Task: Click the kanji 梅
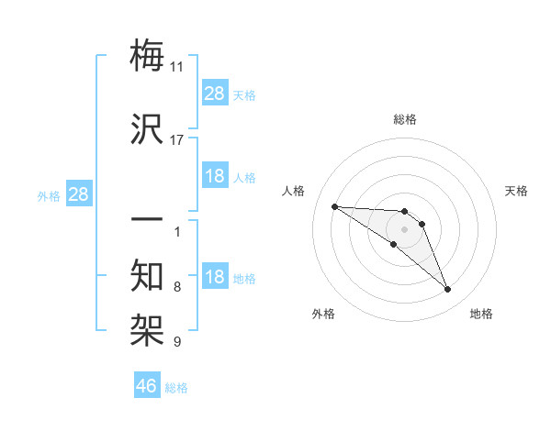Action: click(148, 57)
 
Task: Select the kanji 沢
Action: click(148, 129)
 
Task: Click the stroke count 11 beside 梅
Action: click(177, 67)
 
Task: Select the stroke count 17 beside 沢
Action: click(177, 140)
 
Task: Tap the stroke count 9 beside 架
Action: click(177, 342)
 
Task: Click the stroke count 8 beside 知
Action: click(177, 287)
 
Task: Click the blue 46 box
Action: click(147, 386)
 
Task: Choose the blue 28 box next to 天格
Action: click(215, 94)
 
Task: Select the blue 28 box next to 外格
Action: click(78, 194)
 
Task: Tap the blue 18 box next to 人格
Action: click(215, 176)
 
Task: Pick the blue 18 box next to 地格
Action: click(215, 277)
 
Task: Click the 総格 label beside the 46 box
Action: click(176, 388)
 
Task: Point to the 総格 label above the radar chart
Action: click(405, 120)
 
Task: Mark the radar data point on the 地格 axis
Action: click(448, 290)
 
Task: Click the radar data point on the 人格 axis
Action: click(334, 206)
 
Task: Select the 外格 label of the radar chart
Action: click(323, 315)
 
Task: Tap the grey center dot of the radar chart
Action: click(404, 229)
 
